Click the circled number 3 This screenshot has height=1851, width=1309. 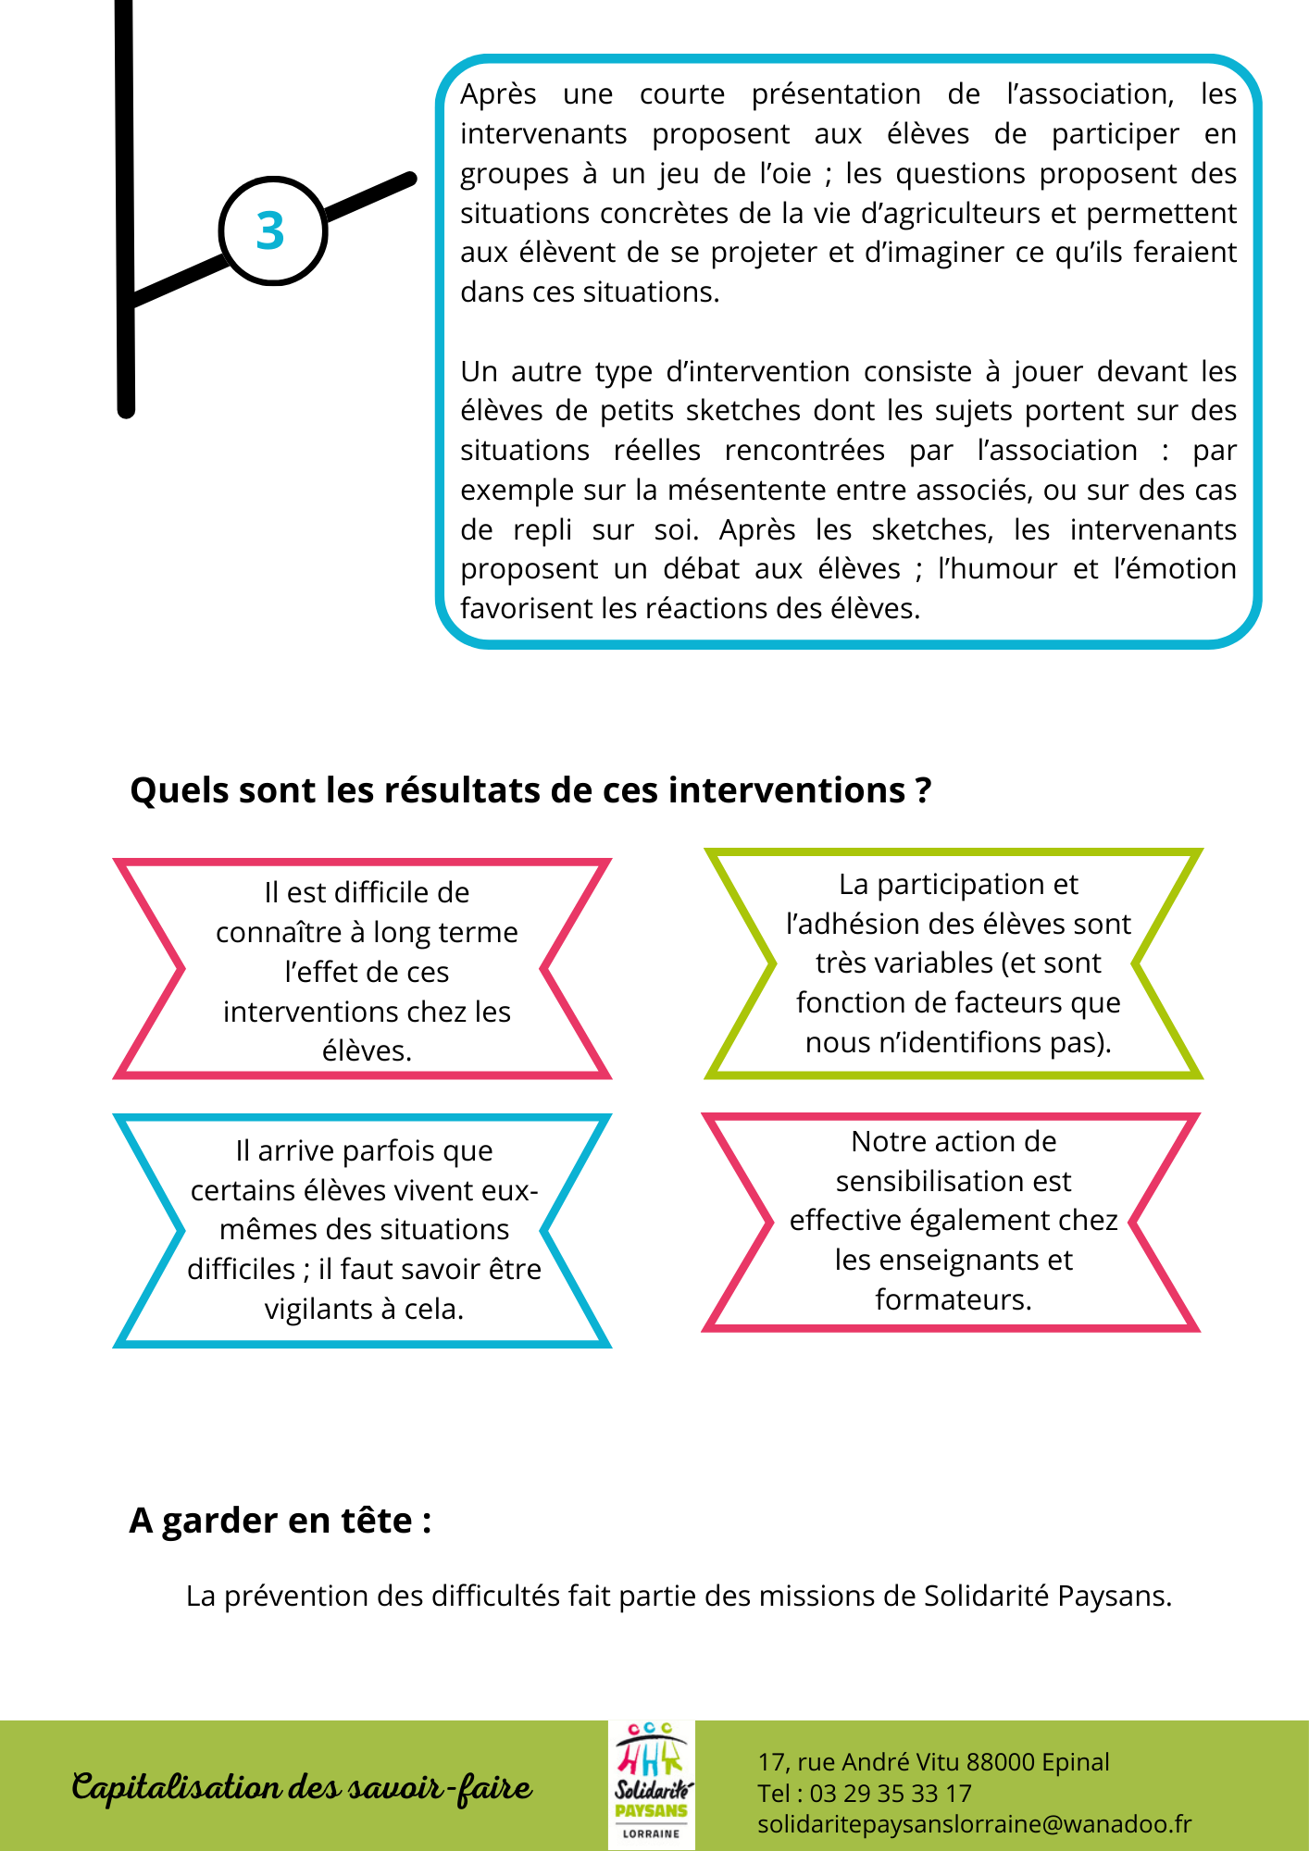[x=270, y=231]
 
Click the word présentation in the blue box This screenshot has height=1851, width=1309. [x=835, y=94]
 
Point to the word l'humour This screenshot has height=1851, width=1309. [x=997, y=569]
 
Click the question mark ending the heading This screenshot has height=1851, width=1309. [x=922, y=791]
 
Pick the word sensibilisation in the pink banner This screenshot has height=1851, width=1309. [x=953, y=1182]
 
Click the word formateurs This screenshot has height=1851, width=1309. [x=953, y=1300]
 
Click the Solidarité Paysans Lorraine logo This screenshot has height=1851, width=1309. [x=652, y=1785]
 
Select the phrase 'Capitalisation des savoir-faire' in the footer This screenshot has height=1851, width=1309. [x=302, y=1787]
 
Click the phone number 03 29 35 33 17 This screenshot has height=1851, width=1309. [x=891, y=1794]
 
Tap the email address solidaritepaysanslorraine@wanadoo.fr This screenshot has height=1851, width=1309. [x=974, y=1824]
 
